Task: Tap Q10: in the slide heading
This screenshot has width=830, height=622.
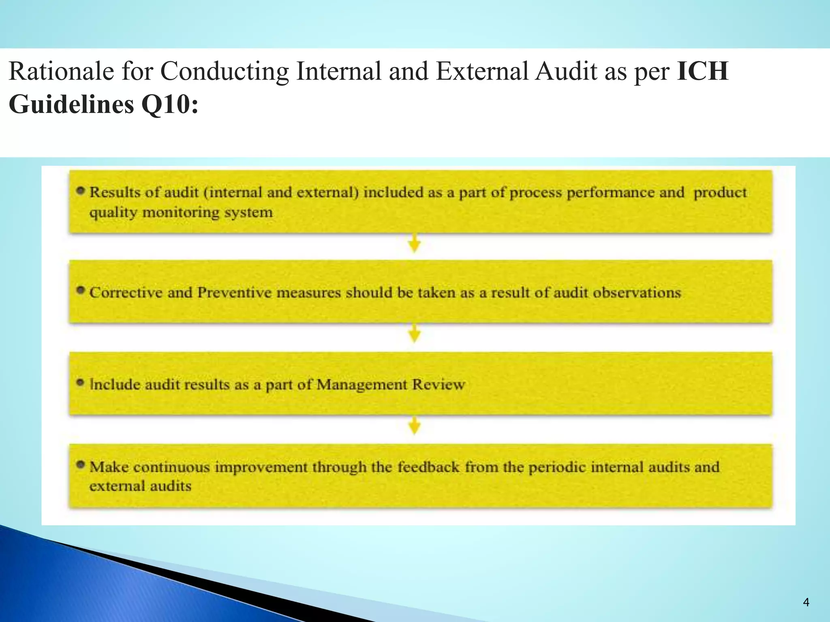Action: pyautogui.click(x=170, y=104)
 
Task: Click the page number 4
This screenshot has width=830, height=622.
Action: pyautogui.click(x=806, y=602)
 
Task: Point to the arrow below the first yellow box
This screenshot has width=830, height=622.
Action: pyautogui.click(x=414, y=243)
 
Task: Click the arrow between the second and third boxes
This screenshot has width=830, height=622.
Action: pyautogui.click(x=414, y=333)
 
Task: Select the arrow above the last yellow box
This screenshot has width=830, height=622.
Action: pyautogui.click(x=414, y=426)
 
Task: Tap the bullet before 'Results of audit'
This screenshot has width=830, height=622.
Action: pyautogui.click(x=81, y=190)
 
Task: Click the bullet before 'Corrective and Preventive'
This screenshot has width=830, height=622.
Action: pyautogui.click(x=81, y=290)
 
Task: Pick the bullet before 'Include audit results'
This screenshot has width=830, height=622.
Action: pyautogui.click(x=81, y=382)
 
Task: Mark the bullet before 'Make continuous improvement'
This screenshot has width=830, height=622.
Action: pyautogui.click(x=81, y=464)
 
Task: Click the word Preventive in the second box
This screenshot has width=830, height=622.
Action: pyautogui.click(x=234, y=292)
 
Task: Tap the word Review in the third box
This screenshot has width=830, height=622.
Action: pyautogui.click(x=439, y=384)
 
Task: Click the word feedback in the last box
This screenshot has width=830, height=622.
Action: pyautogui.click(x=428, y=467)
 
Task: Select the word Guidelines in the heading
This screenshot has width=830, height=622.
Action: pyautogui.click(x=71, y=104)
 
